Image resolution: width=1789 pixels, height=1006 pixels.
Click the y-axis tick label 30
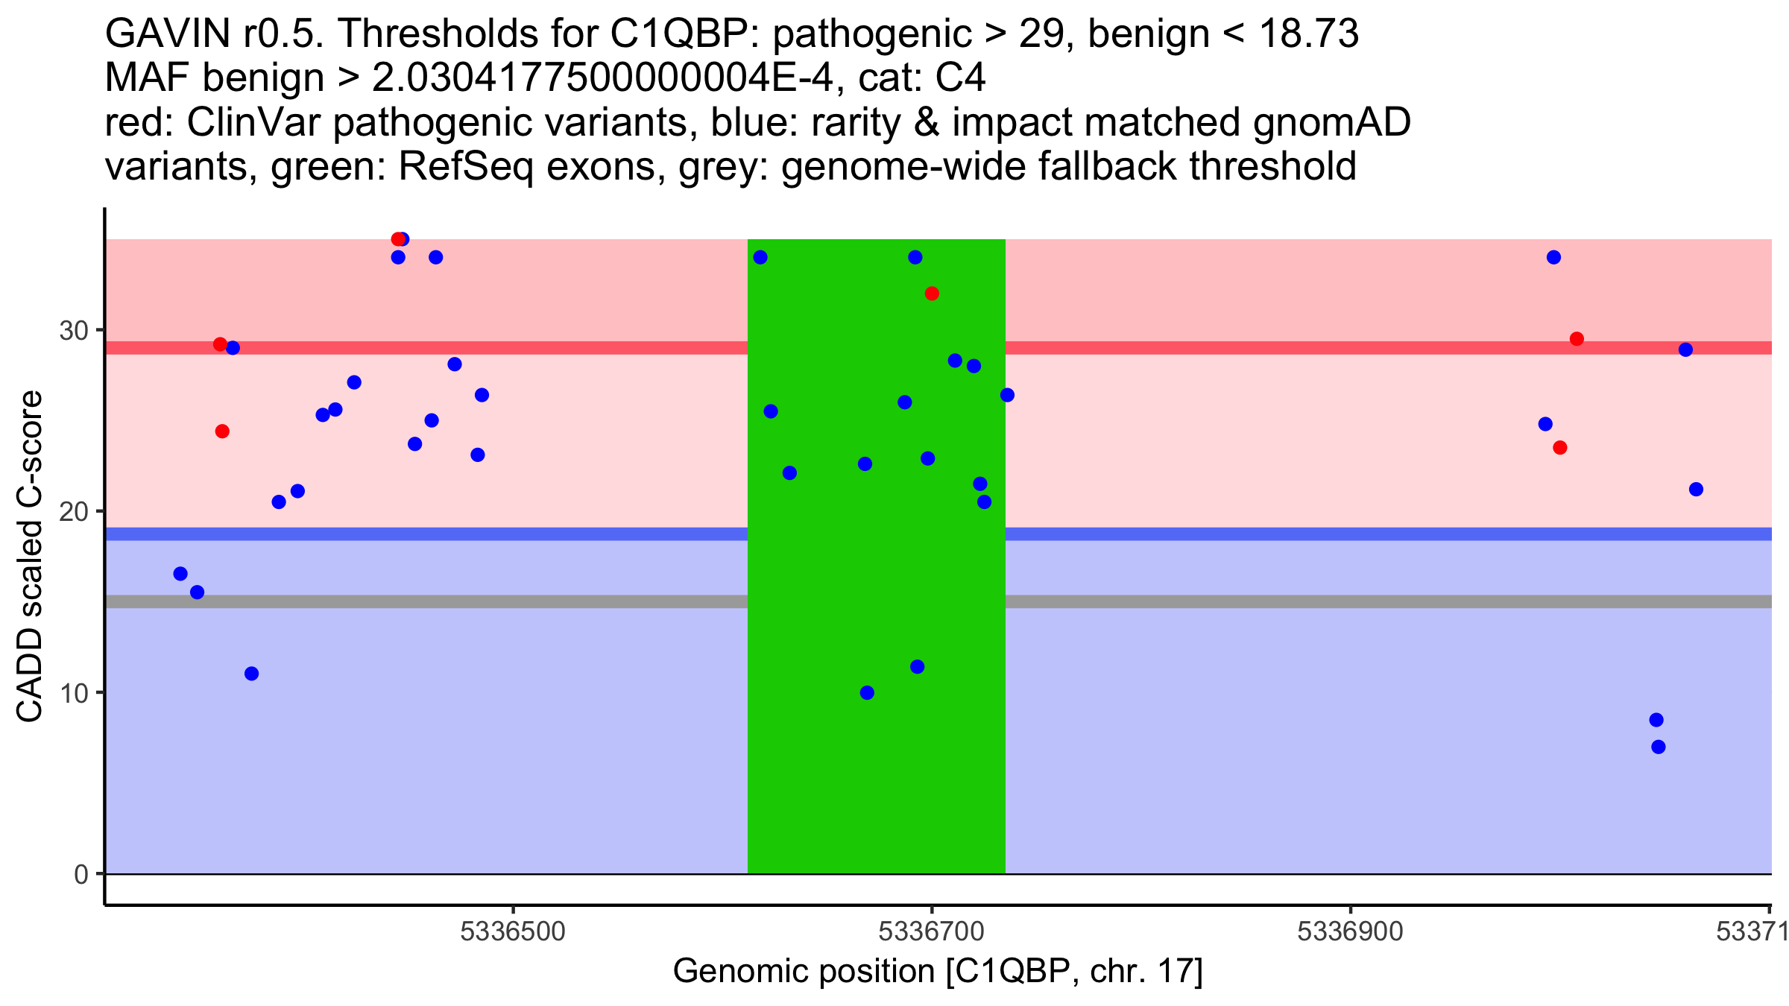click(x=74, y=330)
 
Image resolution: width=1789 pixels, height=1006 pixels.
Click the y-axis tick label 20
click(x=74, y=511)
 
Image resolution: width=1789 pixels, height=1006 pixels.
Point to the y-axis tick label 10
click(x=74, y=693)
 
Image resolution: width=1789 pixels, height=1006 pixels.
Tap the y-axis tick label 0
click(x=81, y=874)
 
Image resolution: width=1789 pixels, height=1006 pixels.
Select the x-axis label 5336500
click(x=513, y=931)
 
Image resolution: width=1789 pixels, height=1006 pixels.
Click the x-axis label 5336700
click(x=932, y=931)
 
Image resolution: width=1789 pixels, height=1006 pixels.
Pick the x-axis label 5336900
click(x=1350, y=931)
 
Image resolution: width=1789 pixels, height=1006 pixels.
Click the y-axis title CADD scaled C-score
click(x=29, y=557)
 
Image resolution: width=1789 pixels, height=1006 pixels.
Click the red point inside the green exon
click(x=932, y=294)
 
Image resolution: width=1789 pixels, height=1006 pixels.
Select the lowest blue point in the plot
click(x=1659, y=747)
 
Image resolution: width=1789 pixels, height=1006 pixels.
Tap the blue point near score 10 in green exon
click(x=867, y=692)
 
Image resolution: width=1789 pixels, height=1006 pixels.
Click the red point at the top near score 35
click(x=398, y=239)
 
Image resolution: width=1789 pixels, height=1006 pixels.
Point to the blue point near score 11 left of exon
click(x=252, y=674)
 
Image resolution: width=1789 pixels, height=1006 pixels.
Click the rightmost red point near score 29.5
click(x=1577, y=339)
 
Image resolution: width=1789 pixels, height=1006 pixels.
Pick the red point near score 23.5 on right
click(x=1560, y=448)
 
